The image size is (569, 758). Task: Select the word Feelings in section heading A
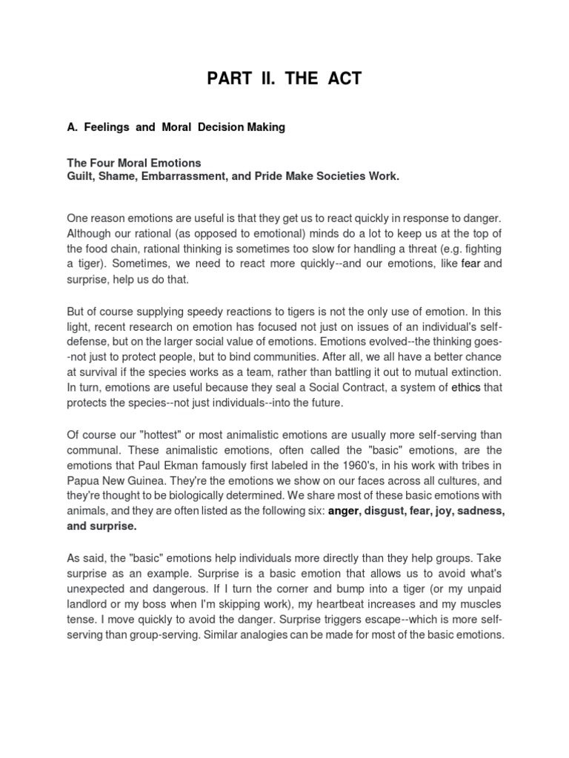point(107,127)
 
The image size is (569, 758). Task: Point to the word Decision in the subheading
point(224,127)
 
